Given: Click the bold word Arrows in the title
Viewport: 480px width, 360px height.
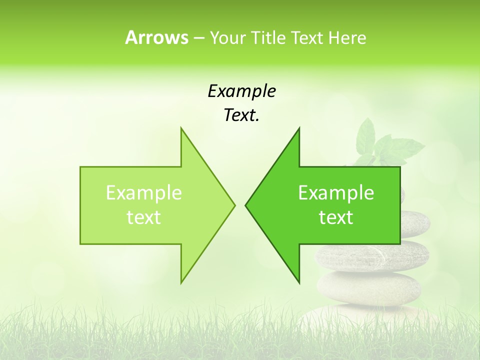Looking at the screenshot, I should [156, 37].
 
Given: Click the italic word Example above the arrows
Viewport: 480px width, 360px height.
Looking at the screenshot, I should [241, 91].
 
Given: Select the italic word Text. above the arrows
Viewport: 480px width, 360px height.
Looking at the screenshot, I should [241, 115].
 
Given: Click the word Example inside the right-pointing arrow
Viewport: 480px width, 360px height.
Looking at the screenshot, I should [144, 193].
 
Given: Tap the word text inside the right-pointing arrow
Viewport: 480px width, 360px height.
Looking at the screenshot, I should [144, 217].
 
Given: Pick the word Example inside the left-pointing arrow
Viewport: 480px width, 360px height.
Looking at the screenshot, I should [336, 193].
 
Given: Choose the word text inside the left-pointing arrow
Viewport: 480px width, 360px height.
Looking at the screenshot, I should [336, 217].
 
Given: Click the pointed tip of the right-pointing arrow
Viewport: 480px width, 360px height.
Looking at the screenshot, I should [234, 204].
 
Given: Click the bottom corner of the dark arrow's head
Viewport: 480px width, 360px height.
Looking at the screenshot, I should [298, 282].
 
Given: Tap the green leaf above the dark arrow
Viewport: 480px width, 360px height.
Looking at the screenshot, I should [367, 135].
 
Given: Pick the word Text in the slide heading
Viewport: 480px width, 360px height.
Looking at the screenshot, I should [307, 37].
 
